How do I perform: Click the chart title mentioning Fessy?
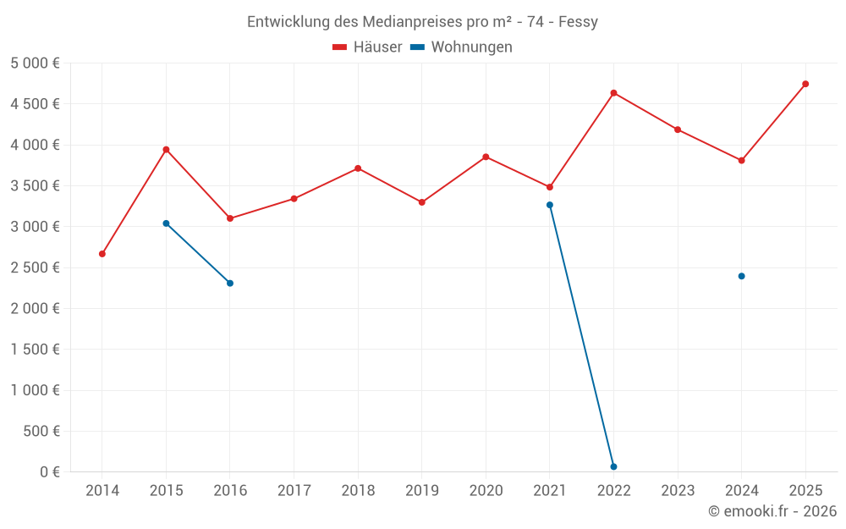(x=422, y=22)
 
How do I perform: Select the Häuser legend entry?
(x=367, y=47)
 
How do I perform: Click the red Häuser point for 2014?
(x=102, y=254)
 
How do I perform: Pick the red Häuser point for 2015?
(x=166, y=150)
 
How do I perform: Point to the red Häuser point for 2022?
(x=613, y=93)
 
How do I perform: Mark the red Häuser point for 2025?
(x=805, y=84)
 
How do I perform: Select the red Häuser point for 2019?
(x=421, y=202)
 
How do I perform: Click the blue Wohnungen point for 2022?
(x=613, y=466)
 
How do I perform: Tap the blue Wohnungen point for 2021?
(x=550, y=205)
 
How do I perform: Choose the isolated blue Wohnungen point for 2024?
(x=741, y=276)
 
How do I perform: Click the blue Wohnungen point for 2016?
(x=230, y=283)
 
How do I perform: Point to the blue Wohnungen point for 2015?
(x=166, y=223)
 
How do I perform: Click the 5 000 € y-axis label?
(x=35, y=63)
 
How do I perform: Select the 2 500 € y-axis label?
(x=35, y=267)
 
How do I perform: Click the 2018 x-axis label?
(x=358, y=491)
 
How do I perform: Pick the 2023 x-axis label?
(x=678, y=491)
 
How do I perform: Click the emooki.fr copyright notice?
(x=772, y=511)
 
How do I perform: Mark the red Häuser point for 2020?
(x=486, y=157)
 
